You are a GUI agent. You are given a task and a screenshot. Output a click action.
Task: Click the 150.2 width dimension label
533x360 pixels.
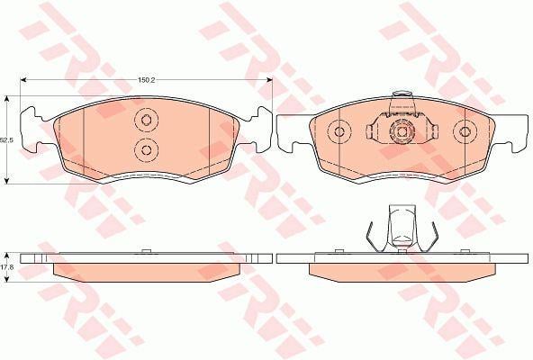click(x=146, y=80)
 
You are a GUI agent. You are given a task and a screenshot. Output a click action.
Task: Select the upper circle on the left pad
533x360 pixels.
click(x=146, y=120)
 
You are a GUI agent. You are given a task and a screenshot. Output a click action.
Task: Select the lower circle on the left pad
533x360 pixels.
click(x=146, y=150)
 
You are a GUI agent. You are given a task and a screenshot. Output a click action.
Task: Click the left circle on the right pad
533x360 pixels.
click(x=339, y=131)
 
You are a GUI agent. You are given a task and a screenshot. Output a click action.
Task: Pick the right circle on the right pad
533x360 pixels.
click(x=465, y=131)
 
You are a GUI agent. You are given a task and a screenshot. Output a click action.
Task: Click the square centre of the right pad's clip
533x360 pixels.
click(x=402, y=132)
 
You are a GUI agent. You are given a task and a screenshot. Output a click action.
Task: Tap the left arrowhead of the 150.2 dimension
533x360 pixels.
click(x=23, y=80)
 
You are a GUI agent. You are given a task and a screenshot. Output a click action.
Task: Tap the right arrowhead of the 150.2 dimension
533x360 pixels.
click(x=269, y=80)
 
